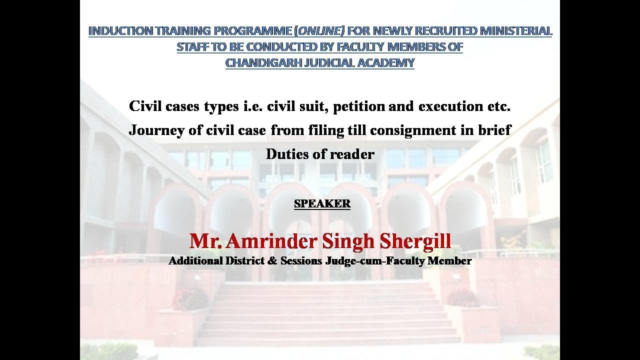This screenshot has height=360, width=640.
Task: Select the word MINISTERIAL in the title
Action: [x=515, y=31]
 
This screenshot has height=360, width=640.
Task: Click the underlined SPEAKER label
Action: [x=322, y=204]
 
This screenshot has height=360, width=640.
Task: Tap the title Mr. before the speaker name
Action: [x=205, y=241]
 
